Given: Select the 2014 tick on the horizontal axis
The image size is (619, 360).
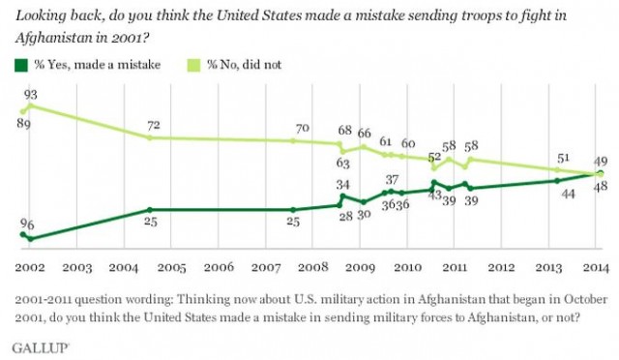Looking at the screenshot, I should point(594,264).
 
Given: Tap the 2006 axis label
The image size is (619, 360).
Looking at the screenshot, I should point(219,264).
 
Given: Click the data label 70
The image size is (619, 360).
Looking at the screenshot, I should point(303,128).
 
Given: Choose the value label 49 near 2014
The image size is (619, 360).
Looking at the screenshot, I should point(600,161).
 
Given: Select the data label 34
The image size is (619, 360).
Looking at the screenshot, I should point(342,184).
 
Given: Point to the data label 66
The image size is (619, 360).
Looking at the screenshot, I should point(365,133).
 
